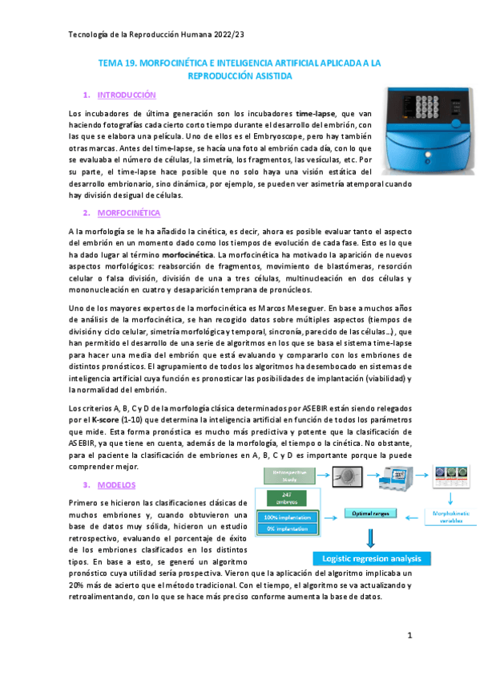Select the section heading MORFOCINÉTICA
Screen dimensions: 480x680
pos(128,212)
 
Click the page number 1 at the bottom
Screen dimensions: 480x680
pos(409,636)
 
